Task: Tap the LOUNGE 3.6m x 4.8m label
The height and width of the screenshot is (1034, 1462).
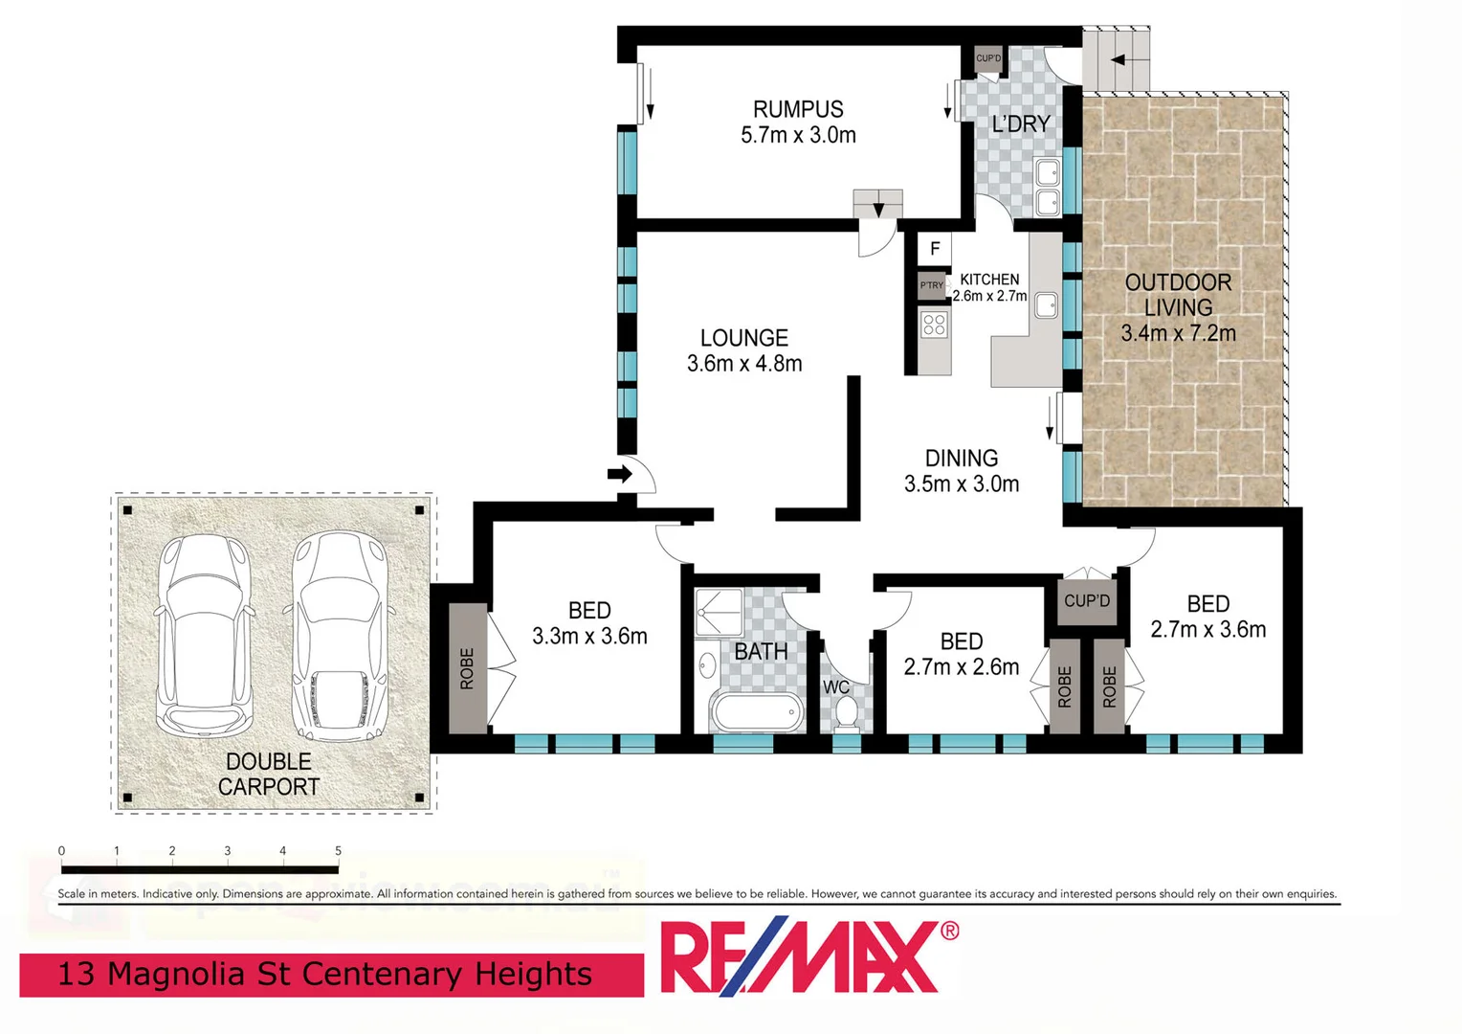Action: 743,350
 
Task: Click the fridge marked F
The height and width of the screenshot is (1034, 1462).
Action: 935,249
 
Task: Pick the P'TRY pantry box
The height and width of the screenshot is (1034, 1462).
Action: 931,285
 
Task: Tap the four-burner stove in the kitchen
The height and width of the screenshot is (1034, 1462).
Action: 935,325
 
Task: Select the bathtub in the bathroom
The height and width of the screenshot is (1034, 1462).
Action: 756,713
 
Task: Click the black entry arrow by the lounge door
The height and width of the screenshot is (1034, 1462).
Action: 620,474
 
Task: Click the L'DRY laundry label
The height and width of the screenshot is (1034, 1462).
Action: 1021,124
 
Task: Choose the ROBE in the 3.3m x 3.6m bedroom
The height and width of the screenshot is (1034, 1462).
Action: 467,668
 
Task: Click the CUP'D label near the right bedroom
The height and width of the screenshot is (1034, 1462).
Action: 1087,601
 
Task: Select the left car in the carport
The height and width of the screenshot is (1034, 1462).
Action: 204,634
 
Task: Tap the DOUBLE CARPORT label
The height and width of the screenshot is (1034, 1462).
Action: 269,774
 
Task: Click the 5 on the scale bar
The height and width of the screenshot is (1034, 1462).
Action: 338,851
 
